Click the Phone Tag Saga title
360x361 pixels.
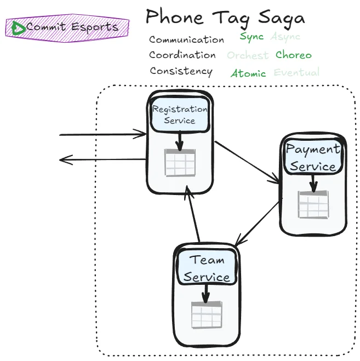[x=225, y=18]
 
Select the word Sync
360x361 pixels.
[x=252, y=37]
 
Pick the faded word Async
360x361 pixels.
[x=285, y=37]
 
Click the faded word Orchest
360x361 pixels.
[x=248, y=55]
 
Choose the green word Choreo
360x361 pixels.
[x=293, y=55]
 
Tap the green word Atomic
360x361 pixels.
[x=248, y=73]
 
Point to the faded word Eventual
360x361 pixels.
[x=296, y=72]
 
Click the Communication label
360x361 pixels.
[x=186, y=40]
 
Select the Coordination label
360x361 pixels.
[x=182, y=55]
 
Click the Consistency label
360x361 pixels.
[x=181, y=71]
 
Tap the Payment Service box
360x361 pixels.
[x=313, y=158]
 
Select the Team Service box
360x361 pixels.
[x=207, y=268]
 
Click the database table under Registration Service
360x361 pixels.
[x=180, y=163]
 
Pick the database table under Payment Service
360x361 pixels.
[x=313, y=205]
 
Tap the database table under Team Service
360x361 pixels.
[x=206, y=315]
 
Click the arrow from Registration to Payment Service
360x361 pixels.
[x=247, y=161]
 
